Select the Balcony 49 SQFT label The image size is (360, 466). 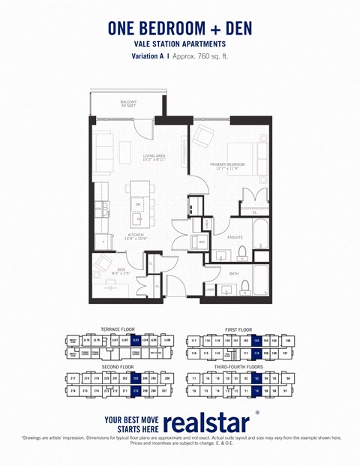coord(128,104)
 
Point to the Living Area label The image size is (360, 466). coord(154,158)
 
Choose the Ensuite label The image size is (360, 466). coord(235,237)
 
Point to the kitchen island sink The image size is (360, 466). coord(139,219)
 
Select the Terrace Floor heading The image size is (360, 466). coord(117,329)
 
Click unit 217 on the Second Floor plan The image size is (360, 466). coord(73,378)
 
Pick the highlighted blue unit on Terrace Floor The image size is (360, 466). coord(136,340)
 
